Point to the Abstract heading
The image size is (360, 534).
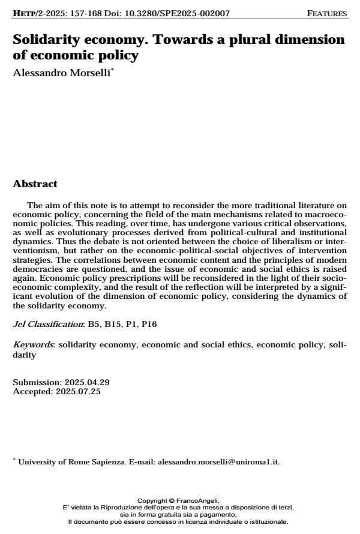35,184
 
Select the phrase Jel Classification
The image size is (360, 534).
49,324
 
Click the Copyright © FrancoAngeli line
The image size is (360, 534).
178,500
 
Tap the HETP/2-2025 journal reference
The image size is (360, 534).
39,13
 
